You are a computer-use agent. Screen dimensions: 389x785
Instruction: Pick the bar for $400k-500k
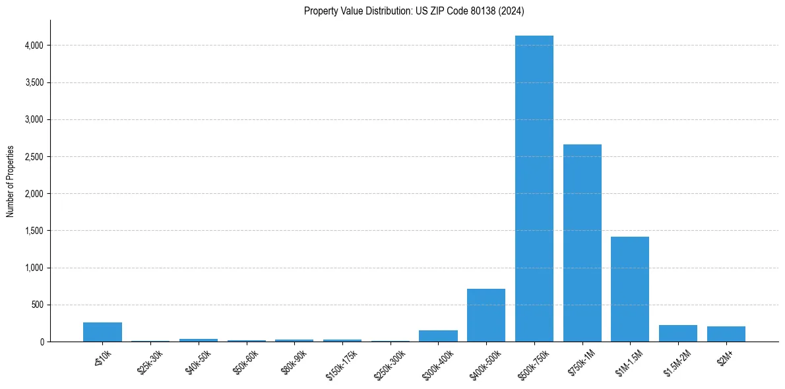[486, 315]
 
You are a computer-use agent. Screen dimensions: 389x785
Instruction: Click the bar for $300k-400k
[438, 336]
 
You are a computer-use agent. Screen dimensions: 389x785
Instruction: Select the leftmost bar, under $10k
[102, 332]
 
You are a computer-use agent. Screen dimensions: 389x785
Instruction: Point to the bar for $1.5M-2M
[678, 333]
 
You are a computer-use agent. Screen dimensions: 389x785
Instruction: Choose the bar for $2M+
[726, 334]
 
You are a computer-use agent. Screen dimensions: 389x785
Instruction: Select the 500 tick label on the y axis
[38, 305]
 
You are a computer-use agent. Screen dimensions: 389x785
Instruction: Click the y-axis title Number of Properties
[10, 181]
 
